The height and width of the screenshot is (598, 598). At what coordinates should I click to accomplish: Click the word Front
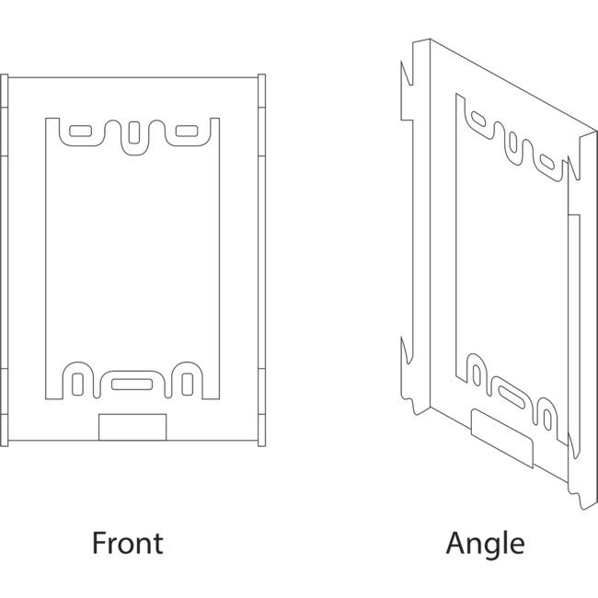[x=127, y=543]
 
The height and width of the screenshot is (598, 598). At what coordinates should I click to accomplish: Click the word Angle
[x=485, y=543]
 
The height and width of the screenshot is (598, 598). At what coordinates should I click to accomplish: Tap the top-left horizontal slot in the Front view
[x=80, y=132]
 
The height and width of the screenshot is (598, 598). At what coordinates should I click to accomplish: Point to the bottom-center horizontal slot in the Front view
[x=134, y=382]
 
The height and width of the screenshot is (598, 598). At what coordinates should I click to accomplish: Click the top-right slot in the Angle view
[x=549, y=164]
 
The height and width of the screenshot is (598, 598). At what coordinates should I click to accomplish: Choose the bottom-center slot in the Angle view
[x=512, y=393]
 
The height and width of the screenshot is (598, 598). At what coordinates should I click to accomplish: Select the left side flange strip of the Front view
[x=4, y=258]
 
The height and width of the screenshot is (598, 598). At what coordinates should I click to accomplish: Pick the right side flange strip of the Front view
[x=263, y=258]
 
